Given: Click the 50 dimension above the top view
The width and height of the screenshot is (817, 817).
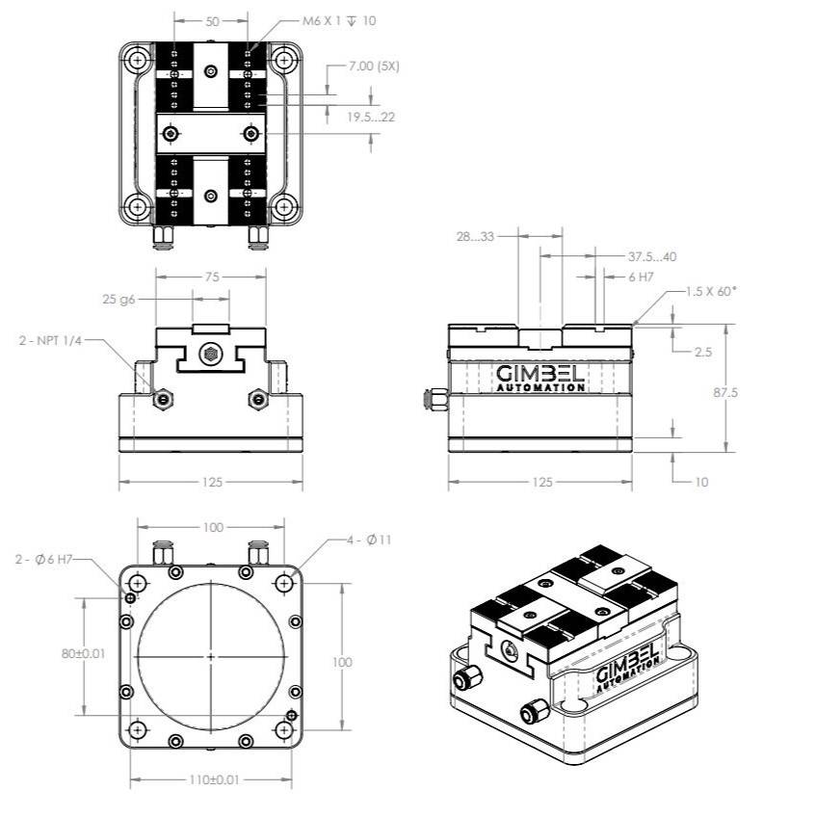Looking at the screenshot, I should (x=211, y=20).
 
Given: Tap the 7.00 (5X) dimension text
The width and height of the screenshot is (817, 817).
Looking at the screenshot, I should (x=374, y=66).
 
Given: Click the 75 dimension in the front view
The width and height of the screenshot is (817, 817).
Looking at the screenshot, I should (x=212, y=277).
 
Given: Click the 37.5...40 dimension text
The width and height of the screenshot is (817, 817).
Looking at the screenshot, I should (x=652, y=257).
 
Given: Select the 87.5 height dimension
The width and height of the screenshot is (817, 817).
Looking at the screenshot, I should (x=747, y=393).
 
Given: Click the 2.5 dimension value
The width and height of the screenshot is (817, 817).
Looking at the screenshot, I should (x=703, y=353).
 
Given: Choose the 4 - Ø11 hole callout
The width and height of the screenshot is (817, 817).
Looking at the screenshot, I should (x=369, y=540).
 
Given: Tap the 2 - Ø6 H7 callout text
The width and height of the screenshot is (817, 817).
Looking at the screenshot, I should (x=56, y=559).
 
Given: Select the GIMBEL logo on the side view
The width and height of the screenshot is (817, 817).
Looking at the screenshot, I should (x=540, y=376).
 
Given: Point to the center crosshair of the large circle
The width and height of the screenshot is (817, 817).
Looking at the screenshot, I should (x=211, y=656).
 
